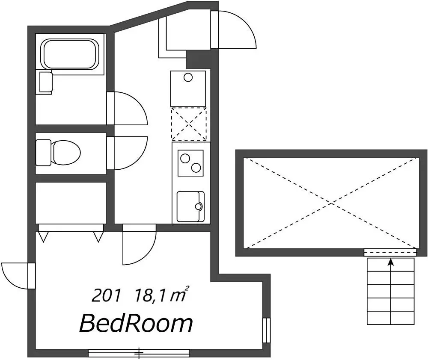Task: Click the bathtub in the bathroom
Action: [70, 54]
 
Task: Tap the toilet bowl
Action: [66, 153]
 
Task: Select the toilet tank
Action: [43, 153]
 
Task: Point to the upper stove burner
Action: [185, 159]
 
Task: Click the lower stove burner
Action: [196, 168]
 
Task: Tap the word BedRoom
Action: [136, 324]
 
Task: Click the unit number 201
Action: [106, 295]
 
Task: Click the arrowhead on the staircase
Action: [391, 262]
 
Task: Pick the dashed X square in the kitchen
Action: [189, 124]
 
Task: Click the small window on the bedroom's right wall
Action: [266, 330]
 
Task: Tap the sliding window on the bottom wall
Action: [139, 353]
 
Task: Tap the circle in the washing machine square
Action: [188, 78]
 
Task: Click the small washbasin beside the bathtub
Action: [46, 82]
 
